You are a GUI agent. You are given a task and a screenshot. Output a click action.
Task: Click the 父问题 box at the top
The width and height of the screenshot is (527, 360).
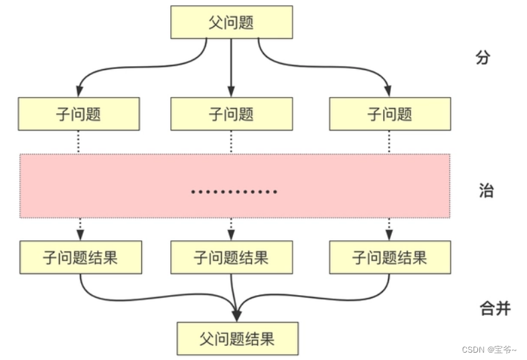[231, 22]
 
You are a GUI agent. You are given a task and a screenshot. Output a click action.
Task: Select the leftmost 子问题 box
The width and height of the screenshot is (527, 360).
[79, 114]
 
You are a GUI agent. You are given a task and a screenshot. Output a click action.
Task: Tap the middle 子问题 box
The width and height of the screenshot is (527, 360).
[231, 114]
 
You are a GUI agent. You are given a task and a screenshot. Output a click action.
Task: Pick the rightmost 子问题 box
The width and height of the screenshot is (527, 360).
[390, 114]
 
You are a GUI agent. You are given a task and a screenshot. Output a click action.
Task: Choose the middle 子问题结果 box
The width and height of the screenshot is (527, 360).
[231, 258]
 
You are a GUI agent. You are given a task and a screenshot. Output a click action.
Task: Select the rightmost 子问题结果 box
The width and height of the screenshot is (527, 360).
[390, 258]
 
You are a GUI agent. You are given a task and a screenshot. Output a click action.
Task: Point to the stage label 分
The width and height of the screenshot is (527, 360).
[483, 58]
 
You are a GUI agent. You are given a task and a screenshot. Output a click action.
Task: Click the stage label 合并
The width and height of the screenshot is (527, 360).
[495, 308]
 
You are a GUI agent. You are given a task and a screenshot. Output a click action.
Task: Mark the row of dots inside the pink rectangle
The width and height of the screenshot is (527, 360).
[234, 192]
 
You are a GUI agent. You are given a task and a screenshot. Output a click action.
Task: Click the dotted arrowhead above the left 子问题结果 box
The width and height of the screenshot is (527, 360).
[80, 236]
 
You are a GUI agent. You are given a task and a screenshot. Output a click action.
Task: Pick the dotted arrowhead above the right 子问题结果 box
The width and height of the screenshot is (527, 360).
[389, 236]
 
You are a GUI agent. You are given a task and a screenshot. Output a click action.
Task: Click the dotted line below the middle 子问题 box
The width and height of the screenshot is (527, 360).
[231, 142]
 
